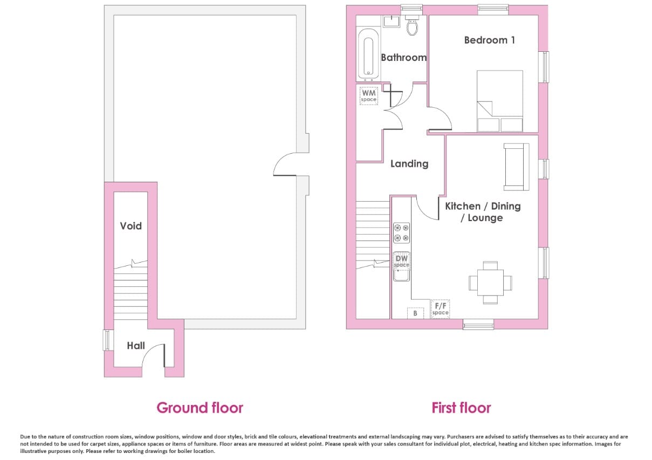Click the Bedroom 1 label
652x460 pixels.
click(489, 40)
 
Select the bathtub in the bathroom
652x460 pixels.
click(368, 54)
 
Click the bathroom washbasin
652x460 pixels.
click(392, 22)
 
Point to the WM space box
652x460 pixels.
click(369, 96)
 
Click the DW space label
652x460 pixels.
click(401, 261)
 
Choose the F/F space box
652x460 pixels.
click(440, 309)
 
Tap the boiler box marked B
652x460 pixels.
click(415, 313)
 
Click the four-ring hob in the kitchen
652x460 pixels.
click(401, 233)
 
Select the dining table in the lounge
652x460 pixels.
click(490, 283)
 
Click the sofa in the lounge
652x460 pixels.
click(516, 167)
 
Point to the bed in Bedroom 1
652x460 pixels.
click(500, 101)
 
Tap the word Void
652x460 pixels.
click(131, 226)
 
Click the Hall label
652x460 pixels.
click(136, 346)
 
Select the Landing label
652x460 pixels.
click(409, 164)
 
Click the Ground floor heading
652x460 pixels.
click(200, 408)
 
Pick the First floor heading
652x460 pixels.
click(461, 408)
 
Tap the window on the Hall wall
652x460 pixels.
click(107, 340)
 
